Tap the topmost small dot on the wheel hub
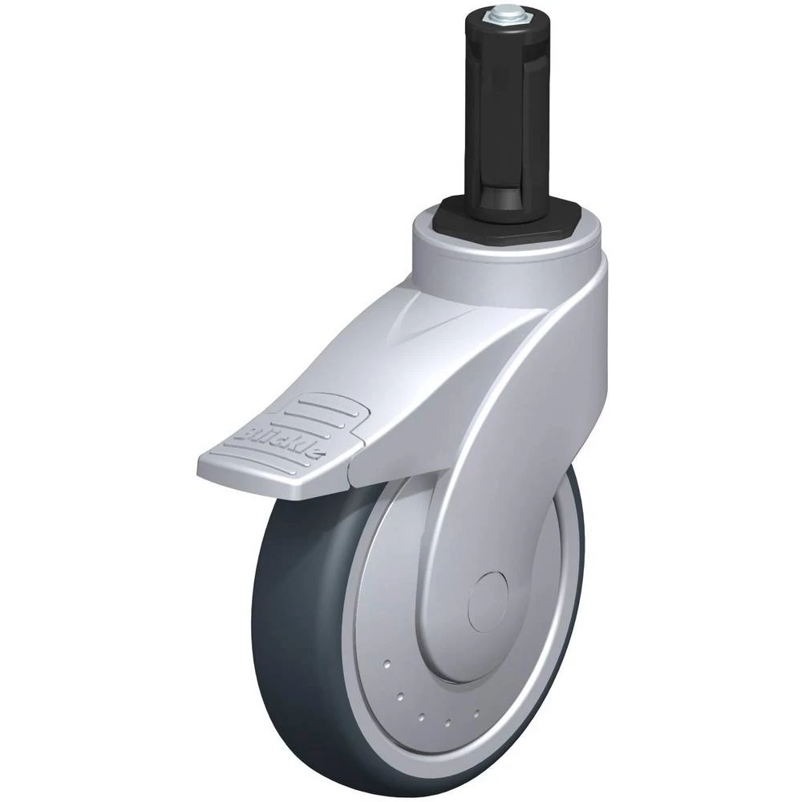(x=387, y=664)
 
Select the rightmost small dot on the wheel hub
(x=476, y=712)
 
